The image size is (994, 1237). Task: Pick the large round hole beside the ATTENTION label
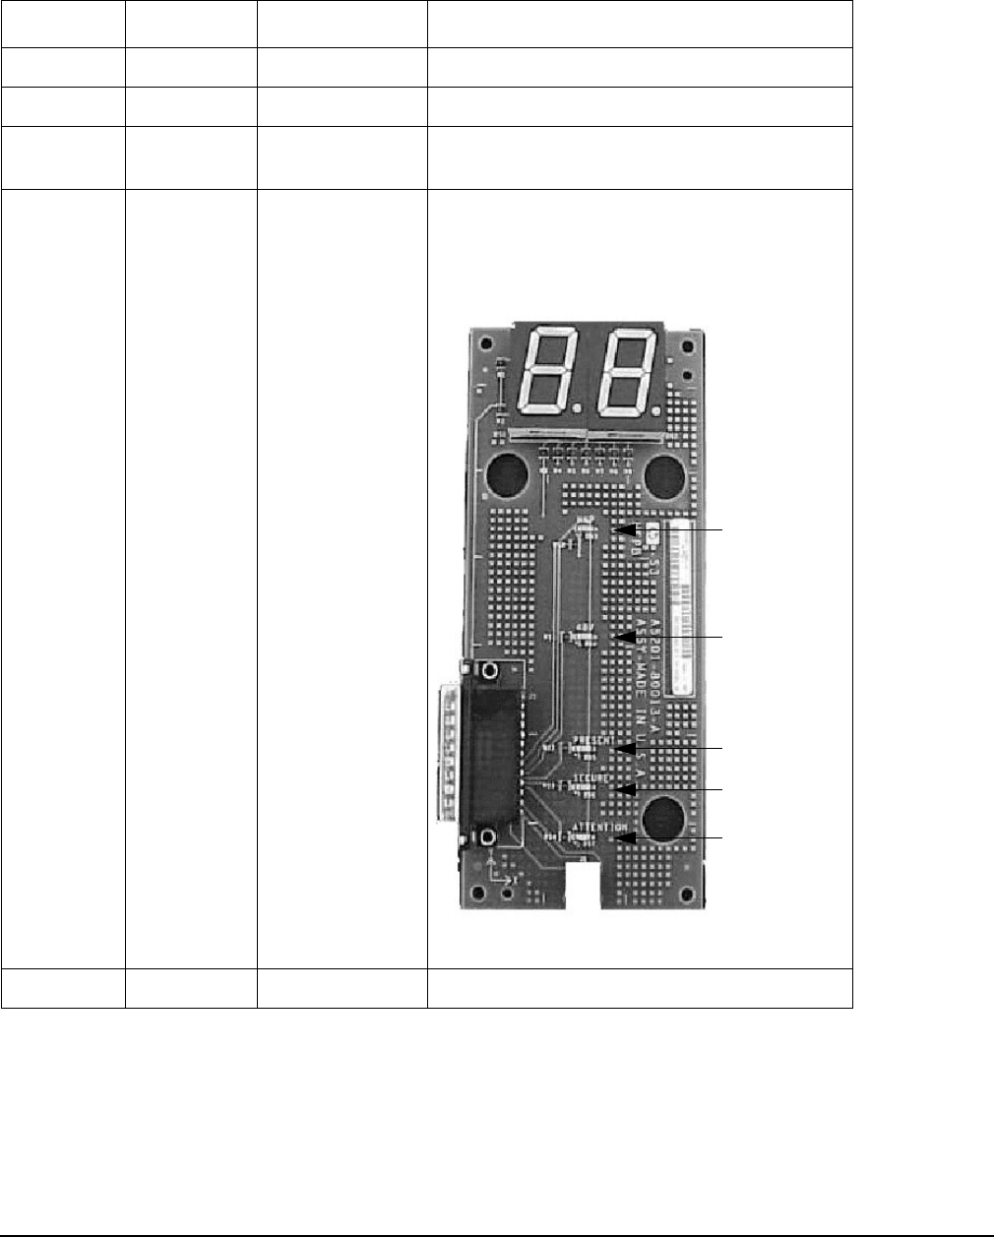(664, 819)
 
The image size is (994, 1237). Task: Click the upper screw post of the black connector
(487, 671)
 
